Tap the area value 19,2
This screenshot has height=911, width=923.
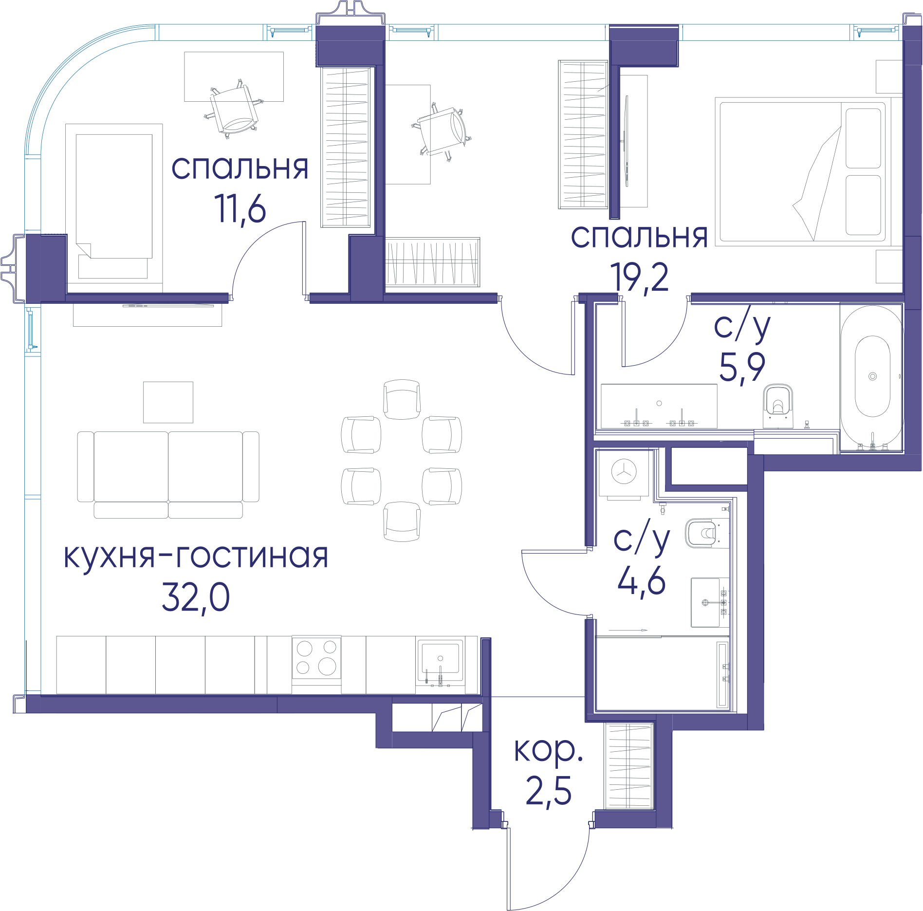pos(639,278)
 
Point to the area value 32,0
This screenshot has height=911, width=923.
pos(196,597)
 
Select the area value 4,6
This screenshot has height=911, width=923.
pos(641,580)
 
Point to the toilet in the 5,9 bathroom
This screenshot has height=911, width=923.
pos(777,406)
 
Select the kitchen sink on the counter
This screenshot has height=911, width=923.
pos(440,660)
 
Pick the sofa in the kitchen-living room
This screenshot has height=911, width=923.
pos(168,475)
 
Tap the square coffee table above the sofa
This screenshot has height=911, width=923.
pos(168,402)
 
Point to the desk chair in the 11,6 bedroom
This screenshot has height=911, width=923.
pos(235,109)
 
